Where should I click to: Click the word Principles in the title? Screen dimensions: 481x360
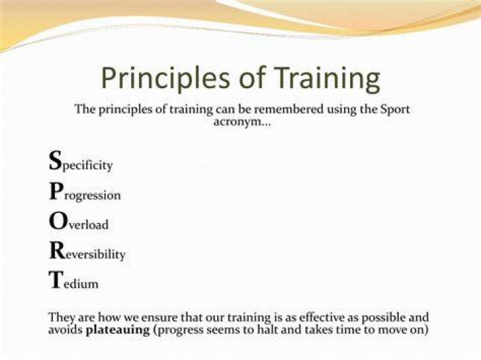166,78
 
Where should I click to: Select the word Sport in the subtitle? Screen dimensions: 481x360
395,110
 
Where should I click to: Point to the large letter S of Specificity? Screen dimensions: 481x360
55,160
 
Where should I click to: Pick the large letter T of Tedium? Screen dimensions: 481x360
56,280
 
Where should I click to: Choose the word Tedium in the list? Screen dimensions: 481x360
73,281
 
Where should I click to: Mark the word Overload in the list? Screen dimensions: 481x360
79,221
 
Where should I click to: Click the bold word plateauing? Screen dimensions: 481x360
118,331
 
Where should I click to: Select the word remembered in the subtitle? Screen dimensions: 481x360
286,109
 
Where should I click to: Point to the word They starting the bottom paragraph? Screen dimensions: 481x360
61,318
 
